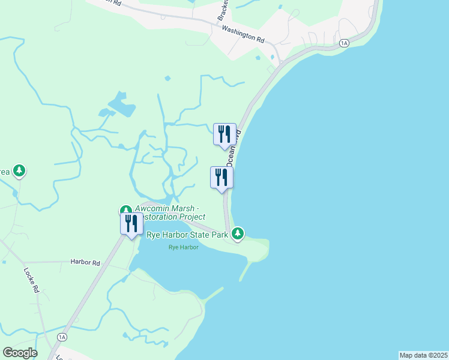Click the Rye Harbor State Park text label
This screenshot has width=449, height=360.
click(x=187, y=235)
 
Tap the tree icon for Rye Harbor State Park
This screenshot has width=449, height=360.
click(x=238, y=233)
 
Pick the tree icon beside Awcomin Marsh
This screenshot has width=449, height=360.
click(x=125, y=210)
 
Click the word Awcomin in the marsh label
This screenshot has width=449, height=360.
click(x=153, y=209)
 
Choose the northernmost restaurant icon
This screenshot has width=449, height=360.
click(x=224, y=134)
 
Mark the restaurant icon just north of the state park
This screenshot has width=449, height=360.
click(x=221, y=178)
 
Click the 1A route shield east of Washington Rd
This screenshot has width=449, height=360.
click(x=344, y=43)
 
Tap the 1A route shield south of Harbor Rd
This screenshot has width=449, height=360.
click(x=62, y=337)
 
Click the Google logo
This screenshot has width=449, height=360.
click(x=20, y=353)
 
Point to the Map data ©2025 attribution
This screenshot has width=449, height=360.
click(x=423, y=355)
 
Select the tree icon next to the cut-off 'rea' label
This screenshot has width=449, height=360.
click(x=20, y=171)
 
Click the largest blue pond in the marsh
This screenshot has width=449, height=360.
click(x=124, y=107)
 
